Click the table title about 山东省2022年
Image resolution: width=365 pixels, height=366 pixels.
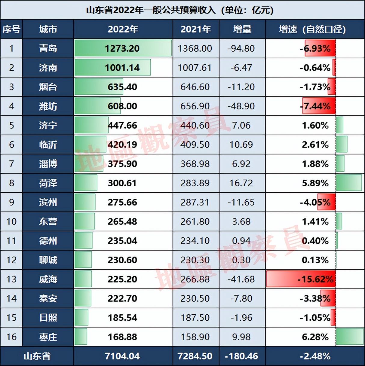[x=180, y=10]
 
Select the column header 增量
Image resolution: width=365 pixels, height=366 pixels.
[x=242, y=29]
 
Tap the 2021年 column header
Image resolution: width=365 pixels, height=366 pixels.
[x=196, y=29]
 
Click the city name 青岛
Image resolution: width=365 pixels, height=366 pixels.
[x=48, y=48]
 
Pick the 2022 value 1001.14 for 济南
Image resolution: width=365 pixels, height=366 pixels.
[x=122, y=68]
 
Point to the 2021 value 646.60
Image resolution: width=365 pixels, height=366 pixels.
[x=195, y=87]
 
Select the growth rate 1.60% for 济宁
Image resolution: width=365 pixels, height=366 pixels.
[x=315, y=125]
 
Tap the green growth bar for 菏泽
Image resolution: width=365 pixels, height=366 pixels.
[x=349, y=183]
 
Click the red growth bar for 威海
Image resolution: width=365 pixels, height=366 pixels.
[x=301, y=279]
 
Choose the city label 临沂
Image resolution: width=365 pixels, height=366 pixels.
[x=48, y=145]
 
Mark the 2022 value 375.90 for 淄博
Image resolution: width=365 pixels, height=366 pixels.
[x=122, y=164]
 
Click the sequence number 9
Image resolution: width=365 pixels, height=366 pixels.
[x=11, y=202]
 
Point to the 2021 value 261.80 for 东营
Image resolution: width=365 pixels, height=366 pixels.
[x=195, y=221]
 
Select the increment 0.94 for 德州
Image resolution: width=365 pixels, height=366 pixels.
[x=241, y=241]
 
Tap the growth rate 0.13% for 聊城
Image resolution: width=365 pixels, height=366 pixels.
[x=315, y=260]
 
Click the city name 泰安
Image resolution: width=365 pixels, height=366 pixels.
[x=48, y=298]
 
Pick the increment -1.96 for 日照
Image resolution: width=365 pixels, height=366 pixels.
[x=241, y=318]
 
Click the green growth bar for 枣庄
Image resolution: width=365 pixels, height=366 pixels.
[x=350, y=337]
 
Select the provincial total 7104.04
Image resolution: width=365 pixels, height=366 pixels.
[x=122, y=356]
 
